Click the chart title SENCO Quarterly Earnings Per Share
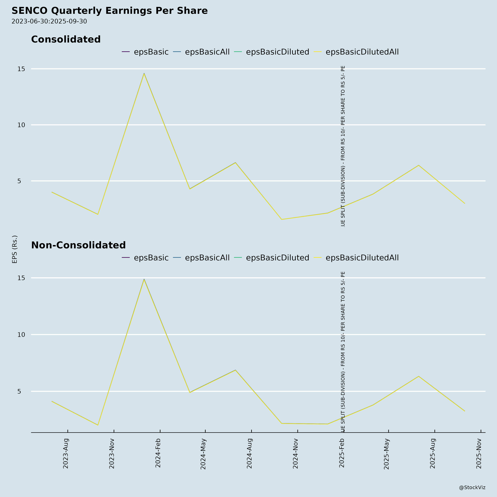(x=110, y=11)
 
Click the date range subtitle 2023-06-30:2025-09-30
(x=49, y=21)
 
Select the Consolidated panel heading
(x=66, y=39)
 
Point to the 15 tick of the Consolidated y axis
(x=21, y=69)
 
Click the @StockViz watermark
(x=472, y=487)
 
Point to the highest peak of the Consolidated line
(x=144, y=73)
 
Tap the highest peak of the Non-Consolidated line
(x=144, y=279)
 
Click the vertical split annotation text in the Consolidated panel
(x=343, y=146)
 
